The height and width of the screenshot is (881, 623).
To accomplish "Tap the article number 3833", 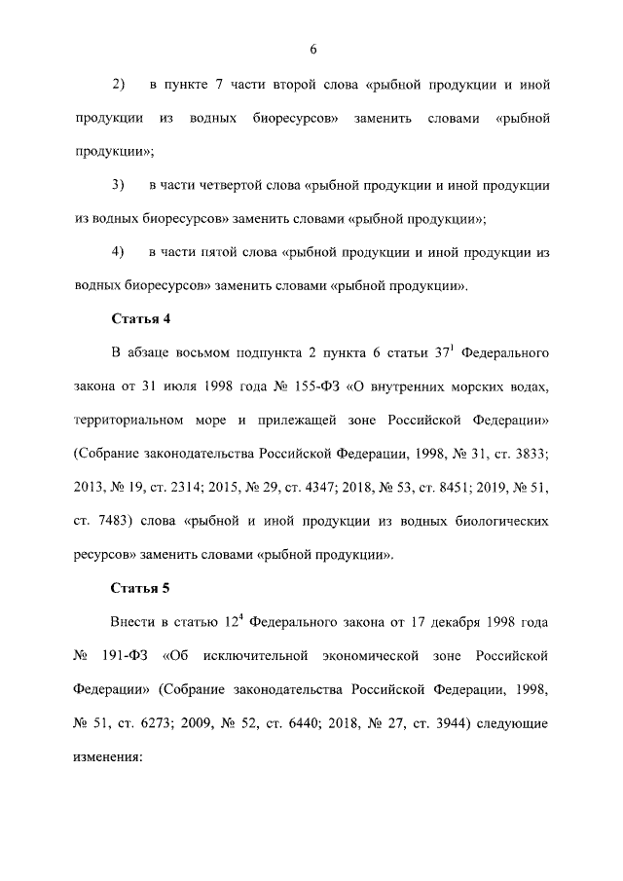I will point(529,455).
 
